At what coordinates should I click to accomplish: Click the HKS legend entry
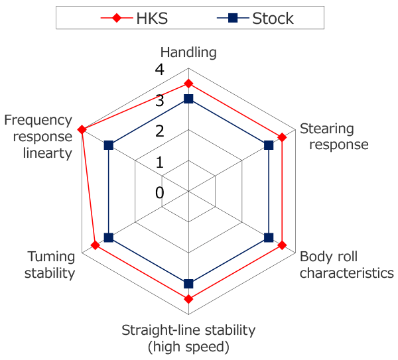click(134, 19)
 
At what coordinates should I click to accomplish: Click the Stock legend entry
click(255, 19)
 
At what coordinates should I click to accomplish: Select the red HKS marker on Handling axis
click(188, 84)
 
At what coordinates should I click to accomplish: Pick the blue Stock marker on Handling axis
click(188, 99)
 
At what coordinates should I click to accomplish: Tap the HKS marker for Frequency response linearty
click(82, 130)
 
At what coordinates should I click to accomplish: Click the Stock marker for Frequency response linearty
click(109, 145)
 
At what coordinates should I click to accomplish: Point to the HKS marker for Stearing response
click(282, 137)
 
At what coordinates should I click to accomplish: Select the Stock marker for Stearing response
click(269, 145)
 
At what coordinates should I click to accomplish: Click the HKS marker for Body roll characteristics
click(282, 245)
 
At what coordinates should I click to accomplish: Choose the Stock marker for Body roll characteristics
click(269, 238)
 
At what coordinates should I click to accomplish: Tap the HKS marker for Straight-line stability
click(188, 300)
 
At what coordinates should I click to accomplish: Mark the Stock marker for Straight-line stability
click(188, 284)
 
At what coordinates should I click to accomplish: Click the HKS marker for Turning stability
click(95, 245)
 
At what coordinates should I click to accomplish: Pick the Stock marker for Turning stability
click(109, 238)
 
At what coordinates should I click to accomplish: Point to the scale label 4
click(160, 70)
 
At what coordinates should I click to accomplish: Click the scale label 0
click(160, 193)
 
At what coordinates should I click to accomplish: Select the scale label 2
click(160, 131)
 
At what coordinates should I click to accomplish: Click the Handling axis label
click(188, 53)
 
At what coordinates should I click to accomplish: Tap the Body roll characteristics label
click(347, 265)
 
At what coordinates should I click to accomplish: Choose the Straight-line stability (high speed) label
click(188, 339)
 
